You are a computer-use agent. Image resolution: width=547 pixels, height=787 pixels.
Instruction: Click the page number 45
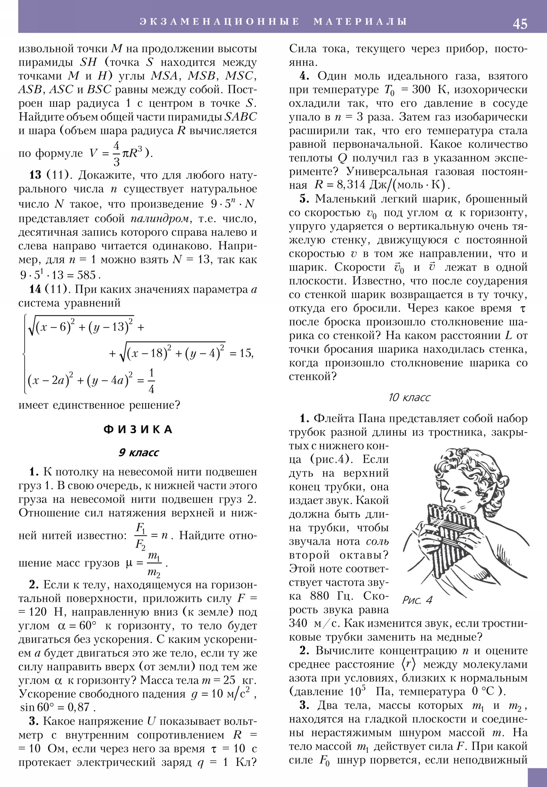520,24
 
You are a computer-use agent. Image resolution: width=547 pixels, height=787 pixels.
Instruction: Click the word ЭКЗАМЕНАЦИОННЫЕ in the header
219,21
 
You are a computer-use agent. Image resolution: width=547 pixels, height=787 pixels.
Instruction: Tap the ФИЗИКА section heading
138,429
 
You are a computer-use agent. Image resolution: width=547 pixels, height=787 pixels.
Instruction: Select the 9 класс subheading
138,452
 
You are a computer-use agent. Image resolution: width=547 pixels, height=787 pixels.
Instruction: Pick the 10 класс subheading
409,397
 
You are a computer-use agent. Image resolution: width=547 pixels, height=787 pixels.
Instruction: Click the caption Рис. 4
417,600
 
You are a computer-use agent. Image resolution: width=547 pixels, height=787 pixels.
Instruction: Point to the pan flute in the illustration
445,535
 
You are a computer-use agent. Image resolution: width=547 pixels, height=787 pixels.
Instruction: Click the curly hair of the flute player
459,463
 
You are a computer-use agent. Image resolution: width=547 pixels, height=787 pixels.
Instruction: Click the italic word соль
377,542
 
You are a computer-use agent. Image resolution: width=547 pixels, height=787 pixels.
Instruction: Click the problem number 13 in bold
35,175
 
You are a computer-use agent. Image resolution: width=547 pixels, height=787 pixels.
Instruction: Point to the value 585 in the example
86,275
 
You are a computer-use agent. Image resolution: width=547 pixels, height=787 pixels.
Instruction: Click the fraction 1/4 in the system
151,381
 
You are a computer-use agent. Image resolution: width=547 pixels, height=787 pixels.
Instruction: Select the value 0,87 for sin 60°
78,707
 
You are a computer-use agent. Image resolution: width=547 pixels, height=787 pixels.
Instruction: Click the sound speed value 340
298,623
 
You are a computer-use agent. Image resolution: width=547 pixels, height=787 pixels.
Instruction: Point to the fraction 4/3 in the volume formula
117,154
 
